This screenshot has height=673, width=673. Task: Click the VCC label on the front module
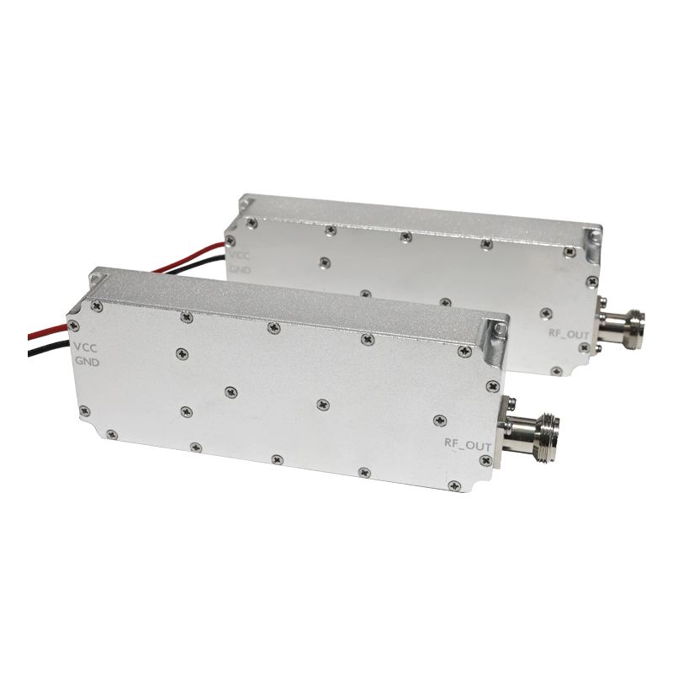(x=86, y=347)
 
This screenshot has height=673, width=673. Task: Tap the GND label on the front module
(x=87, y=362)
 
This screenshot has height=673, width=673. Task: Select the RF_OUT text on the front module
(x=468, y=444)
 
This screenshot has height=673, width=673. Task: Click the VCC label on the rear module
(x=239, y=256)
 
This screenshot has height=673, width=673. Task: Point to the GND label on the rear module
(x=240, y=269)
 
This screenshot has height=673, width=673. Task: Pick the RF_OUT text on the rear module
(x=569, y=333)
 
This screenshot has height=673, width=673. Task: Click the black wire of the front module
(x=49, y=347)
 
